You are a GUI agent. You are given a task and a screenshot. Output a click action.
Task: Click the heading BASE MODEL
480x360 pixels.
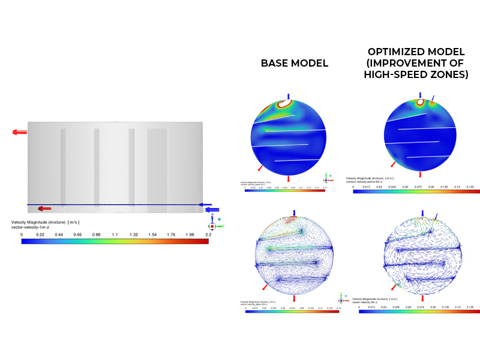tap(294, 63)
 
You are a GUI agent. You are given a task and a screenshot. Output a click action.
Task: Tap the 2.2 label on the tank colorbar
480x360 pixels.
tap(207, 235)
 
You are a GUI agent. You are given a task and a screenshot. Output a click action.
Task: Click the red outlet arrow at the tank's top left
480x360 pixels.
tap(19, 132)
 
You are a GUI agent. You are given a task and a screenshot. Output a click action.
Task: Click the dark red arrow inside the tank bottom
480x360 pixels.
tap(44, 208)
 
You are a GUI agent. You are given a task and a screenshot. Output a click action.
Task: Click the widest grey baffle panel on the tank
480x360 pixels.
tap(157, 167)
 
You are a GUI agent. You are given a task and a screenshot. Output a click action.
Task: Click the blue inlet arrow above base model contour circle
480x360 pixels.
tap(289, 96)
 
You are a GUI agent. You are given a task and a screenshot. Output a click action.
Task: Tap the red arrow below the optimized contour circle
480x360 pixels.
tap(419, 175)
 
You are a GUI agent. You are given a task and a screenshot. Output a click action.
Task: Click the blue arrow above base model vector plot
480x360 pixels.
tap(295, 213)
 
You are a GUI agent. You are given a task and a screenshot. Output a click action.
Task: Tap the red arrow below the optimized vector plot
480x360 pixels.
tap(423, 298)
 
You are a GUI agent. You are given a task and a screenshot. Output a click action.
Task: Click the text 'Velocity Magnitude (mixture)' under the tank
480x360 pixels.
tap(36, 222)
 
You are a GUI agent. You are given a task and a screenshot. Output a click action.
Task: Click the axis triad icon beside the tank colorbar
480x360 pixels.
tap(212, 224)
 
